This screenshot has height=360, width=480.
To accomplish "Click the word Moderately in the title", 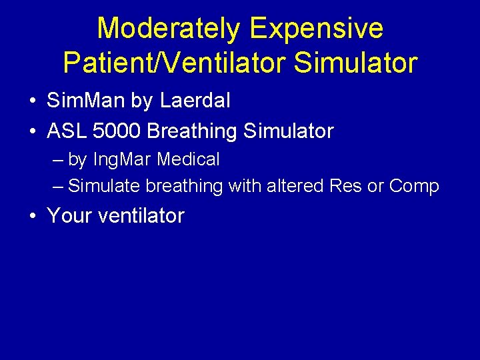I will [169, 29].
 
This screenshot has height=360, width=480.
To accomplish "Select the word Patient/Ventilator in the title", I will [174, 63].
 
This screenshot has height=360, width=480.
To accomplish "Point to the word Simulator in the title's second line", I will [355, 63].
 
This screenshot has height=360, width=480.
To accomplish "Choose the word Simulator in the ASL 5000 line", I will [289, 131].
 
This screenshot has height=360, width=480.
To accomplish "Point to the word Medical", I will [188, 159].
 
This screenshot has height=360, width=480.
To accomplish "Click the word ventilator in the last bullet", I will [142, 215].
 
